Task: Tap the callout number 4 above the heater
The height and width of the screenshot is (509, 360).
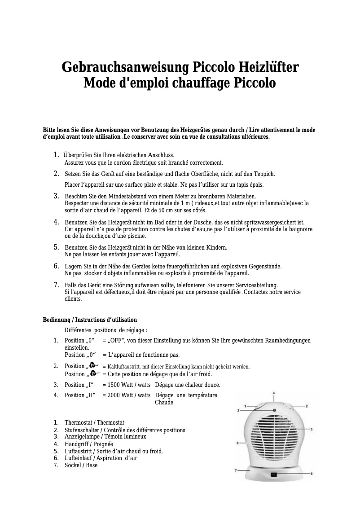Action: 274,393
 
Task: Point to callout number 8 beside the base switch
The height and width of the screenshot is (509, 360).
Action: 312,474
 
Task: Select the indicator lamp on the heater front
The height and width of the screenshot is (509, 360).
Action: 273,410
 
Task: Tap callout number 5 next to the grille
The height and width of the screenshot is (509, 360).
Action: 312,429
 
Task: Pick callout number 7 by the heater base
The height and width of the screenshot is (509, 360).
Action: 235,470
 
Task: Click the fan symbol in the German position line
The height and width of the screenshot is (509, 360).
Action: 92,365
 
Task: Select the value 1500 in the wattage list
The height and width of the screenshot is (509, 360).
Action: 116,385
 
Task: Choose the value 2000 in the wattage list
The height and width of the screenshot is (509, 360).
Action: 116,395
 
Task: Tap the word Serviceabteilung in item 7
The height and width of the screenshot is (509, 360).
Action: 255,285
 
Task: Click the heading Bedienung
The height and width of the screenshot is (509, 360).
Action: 56,320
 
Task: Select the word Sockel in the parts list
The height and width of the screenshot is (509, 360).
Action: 73,465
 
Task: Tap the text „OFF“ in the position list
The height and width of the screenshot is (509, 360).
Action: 116,341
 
